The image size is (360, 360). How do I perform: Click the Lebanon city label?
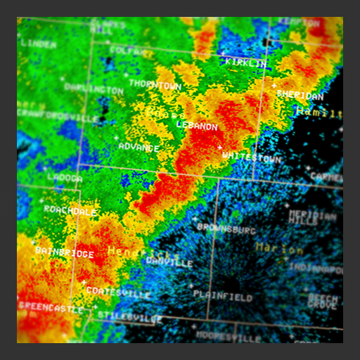point(197,127)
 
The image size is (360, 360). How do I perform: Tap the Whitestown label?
point(251,157)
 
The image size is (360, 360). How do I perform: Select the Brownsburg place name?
point(226,229)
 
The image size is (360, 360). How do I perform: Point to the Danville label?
point(169,262)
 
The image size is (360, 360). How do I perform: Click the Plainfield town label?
point(222,297)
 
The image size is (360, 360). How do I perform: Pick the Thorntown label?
point(155,84)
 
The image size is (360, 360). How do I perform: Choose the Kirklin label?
point(246,63)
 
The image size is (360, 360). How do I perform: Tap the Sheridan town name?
point(300,94)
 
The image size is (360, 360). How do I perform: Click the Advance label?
point(139,146)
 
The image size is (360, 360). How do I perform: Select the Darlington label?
point(94,89)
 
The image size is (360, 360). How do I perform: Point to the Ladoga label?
point(65,178)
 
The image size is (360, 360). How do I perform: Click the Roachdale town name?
point(70,210)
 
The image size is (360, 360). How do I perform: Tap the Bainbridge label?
point(64,252)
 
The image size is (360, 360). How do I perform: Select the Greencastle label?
point(50,307)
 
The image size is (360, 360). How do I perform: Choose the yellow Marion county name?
point(279,248)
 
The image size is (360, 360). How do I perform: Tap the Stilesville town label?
point(128,317)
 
